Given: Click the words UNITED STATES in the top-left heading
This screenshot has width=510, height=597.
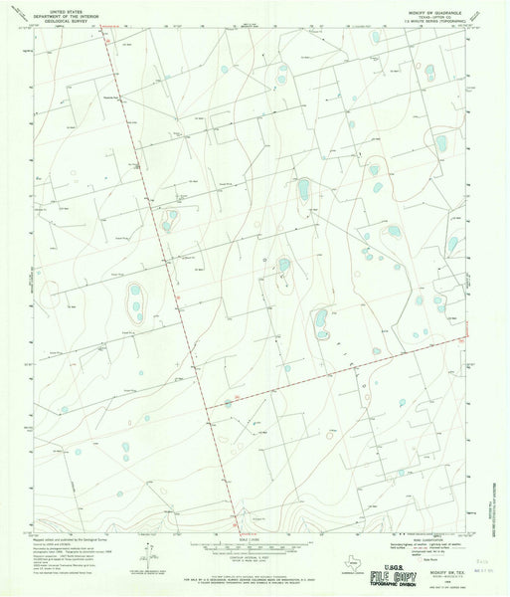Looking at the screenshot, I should click(61, 5).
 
